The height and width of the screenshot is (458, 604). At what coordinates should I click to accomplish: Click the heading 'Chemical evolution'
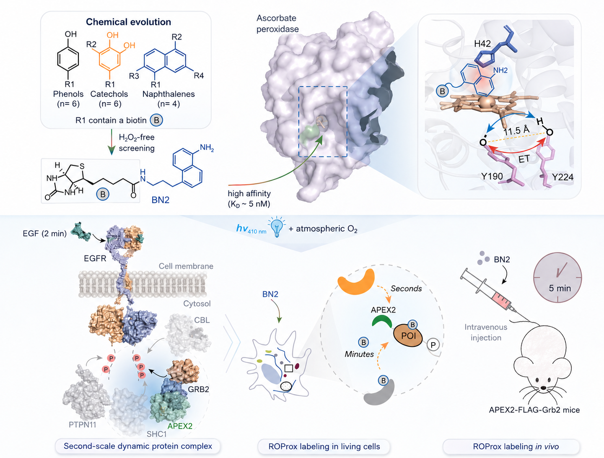(x=128, y=22)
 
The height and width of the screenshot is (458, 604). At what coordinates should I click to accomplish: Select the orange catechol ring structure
(x=109, y=59)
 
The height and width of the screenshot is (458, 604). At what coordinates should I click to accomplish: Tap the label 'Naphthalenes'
(x=168, y=94)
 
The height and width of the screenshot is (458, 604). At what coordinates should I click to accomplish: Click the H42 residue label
(x=482, y=44)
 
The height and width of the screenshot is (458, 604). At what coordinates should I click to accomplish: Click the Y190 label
(x=492, y=176)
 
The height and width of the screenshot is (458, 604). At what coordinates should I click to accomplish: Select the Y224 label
(x=563, y=177)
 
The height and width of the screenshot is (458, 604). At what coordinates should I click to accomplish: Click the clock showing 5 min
(x=557, y=278)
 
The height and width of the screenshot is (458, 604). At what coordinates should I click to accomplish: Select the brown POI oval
(x=408, y=336)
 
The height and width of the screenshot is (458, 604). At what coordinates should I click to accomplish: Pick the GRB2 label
(x=198, y=389)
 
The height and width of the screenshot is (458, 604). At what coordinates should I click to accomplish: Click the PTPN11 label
(x=82, y=425)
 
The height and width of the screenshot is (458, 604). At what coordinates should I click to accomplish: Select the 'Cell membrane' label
(x=186, y=266)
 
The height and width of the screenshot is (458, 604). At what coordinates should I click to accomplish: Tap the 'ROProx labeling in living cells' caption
(x=324, y=446)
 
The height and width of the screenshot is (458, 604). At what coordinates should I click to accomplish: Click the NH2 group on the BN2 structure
(x=207, y=148)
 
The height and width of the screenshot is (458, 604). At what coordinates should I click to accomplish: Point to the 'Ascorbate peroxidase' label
(x=277, y=23)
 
